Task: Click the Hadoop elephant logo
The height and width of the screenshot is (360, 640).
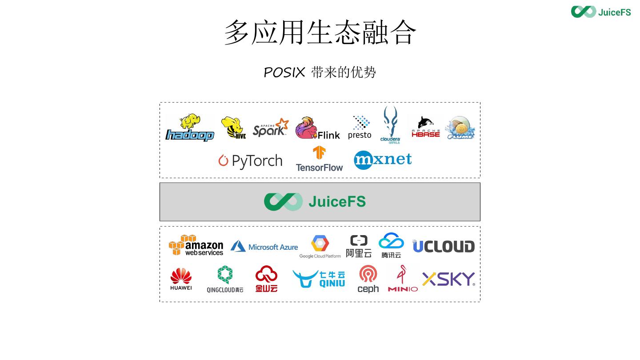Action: [x=190, y=128]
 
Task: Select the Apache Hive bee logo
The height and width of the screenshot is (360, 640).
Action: [x=233, y=128]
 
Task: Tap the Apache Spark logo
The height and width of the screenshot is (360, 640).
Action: [x=271, y=128]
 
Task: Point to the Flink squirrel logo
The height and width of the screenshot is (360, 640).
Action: [x=317, y=128]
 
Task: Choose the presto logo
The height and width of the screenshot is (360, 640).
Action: [x=360, y=128]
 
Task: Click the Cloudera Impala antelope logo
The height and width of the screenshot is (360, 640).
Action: [x=391, y=125]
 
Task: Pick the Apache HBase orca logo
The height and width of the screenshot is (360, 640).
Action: [x=426, y=127]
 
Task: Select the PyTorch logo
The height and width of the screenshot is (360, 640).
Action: [x=250, y=161]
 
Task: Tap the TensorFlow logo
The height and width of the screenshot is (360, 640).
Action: [x=319, y=159]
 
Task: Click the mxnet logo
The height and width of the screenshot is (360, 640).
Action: [x=383, y=160]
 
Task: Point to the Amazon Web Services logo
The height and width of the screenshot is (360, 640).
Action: [x=196, y=245]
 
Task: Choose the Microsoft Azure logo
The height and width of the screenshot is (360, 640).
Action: [x=264, y=247]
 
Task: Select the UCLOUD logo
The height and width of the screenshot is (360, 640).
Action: [x=444, y=246]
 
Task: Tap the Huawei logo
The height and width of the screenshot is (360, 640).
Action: [x=181, y=279]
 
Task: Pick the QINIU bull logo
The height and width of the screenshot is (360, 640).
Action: [x=319, y=279]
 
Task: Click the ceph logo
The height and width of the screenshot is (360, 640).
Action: [x=368, y=280]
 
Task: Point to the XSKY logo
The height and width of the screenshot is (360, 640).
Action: [x=448, y=279]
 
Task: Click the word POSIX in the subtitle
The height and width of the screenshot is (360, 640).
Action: [x=284, y=72]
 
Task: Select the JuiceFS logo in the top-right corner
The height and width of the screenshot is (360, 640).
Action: [x=601, y=12]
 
